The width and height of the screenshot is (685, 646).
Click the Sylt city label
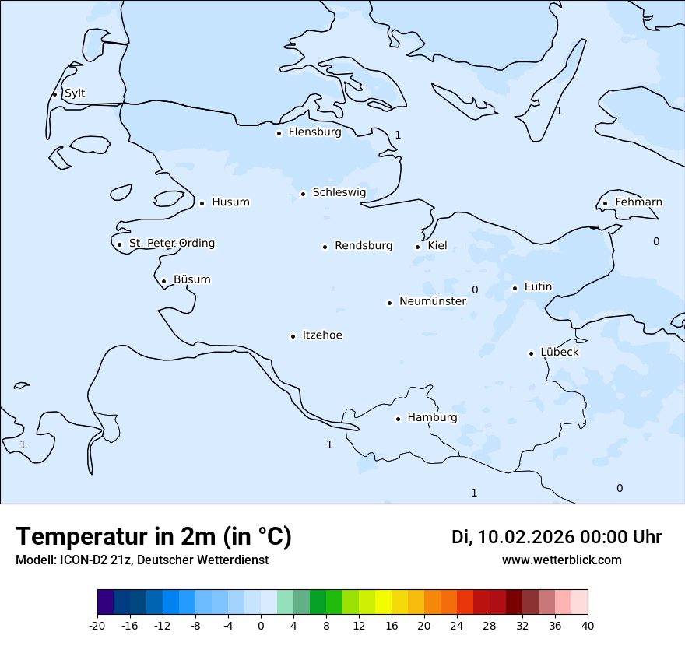coord(75,93)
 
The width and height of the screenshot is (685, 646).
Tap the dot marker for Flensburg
coord(279,133)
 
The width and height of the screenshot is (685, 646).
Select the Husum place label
coord(230,202)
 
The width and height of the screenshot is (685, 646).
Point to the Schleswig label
coord(339,192)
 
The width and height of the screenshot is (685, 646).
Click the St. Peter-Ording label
coord(171,244)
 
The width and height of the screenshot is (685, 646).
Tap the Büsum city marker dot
coord(163,282)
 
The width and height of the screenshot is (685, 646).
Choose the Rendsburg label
coord(364,246)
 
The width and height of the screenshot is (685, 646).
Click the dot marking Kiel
coord(418,248)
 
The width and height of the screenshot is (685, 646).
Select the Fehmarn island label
coord(638,202)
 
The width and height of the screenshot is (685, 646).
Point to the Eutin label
coord(538,286)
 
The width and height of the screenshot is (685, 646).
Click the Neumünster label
coord(433,301)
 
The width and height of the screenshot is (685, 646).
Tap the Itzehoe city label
coord(322,335)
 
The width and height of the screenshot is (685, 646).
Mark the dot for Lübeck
coord(532,353)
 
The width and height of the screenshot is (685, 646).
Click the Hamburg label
coord(432,418)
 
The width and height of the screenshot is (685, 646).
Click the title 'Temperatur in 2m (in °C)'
coord(153,536)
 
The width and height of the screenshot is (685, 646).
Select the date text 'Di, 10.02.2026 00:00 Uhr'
coord(557,537)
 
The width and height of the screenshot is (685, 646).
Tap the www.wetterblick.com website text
coord(561,560)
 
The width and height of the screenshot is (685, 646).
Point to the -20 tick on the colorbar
coord(97,626)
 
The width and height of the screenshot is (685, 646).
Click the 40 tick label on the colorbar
coord(588,626)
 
